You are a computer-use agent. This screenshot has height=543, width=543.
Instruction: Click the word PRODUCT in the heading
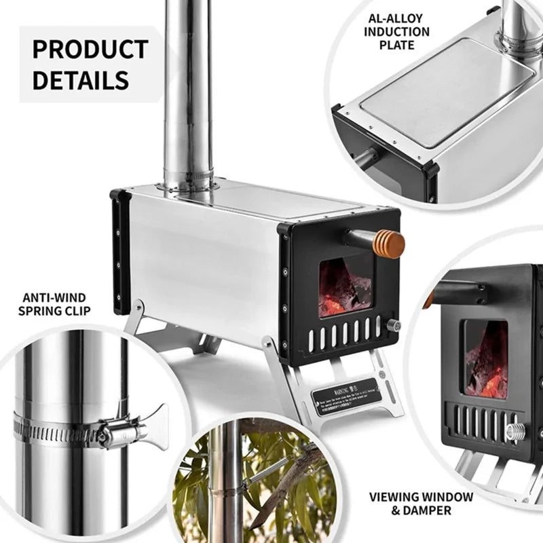[x=90, y=50]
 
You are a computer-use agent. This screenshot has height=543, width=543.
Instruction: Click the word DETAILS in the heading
[x=80, y=80]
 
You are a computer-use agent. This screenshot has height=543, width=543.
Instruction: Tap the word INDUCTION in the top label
[x=396, y=32]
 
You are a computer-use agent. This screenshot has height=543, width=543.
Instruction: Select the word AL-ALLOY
[x=396, y=18]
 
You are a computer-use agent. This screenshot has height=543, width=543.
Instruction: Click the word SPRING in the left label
[x=42, y=312]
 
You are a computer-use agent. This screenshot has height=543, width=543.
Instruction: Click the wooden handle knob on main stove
[x=390, y=244]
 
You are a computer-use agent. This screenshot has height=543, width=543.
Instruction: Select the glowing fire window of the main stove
[x=345, y=286]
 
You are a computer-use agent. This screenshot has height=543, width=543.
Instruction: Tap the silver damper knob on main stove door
[x=393, y=326]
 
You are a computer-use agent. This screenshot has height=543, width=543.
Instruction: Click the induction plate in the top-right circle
[x=445, y=88]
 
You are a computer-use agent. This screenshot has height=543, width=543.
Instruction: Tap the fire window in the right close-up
[x=485, y=359]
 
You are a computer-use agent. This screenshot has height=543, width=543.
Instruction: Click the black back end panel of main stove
[x=121, y=251]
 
